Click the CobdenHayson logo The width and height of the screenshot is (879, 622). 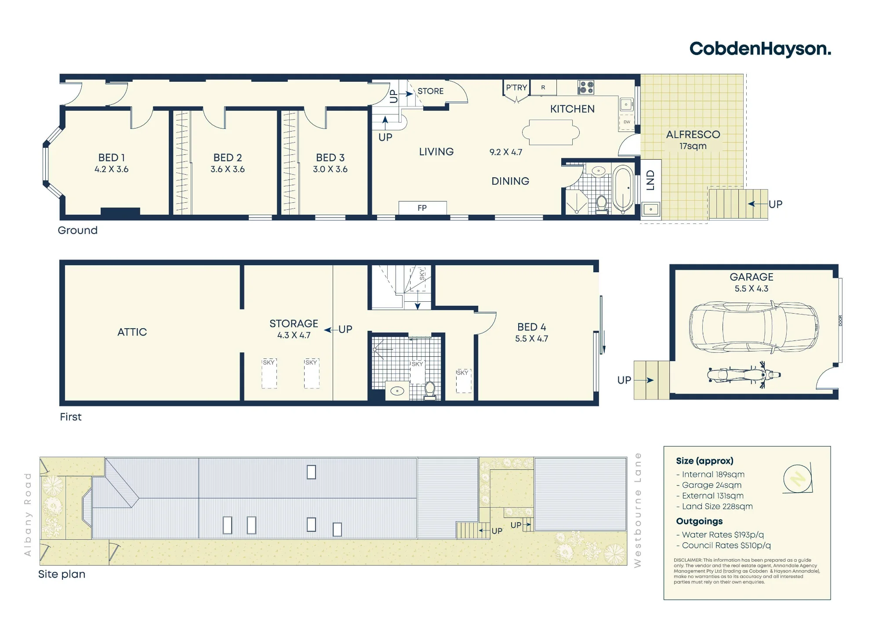(760, 49)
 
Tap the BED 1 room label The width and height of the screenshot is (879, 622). (112, 157)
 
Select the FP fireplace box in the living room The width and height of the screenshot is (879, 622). (422, 208)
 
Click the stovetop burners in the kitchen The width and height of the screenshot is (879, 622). (586, 87)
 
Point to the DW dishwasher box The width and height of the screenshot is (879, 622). (627, 122)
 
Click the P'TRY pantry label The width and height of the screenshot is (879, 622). (516, 88)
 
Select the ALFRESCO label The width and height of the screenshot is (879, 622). (693, 135)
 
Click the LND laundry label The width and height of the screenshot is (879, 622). (651, 180)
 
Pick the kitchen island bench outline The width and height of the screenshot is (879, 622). (551, 132)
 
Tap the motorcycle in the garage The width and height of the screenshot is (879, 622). (744, 375)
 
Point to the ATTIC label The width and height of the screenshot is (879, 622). (132, 332)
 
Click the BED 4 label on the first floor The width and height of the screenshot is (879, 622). (532, 327)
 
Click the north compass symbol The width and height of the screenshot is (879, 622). (798, 478)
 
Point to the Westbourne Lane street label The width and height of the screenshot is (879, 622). (638, 510)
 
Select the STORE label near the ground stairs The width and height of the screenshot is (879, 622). (431, 91)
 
